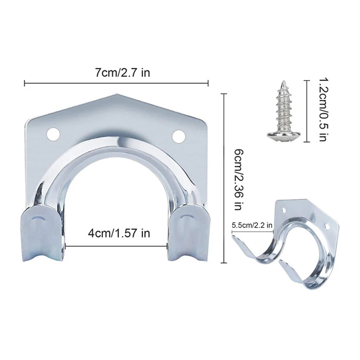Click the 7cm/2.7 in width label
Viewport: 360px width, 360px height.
point(122,73)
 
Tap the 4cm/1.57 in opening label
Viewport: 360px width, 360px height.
point(119,233)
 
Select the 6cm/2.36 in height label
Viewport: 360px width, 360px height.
point(239,179)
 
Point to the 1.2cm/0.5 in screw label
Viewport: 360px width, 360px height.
point(323,110)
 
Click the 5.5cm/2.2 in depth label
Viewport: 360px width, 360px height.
point(252,225)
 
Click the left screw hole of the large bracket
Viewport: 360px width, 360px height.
point(53,135)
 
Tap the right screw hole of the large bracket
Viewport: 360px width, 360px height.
point(178,136)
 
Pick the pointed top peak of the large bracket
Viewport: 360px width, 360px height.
point(116,94)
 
